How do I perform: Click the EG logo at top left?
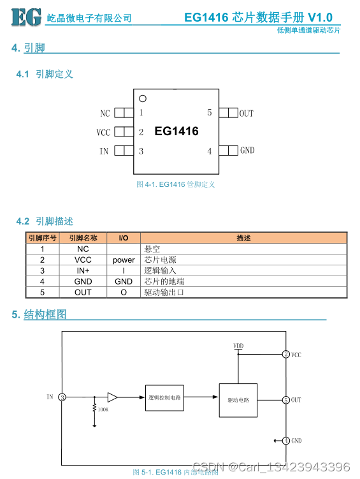26,17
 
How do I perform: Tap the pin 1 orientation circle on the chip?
143,99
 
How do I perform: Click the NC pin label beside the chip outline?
105,114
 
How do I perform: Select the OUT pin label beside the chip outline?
246,114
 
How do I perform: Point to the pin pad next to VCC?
124,131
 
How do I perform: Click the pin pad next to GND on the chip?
229,151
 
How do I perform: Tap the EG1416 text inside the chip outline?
176,131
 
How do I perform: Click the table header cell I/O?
124,238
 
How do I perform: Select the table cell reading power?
124,260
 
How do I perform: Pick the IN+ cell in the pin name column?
83,270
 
